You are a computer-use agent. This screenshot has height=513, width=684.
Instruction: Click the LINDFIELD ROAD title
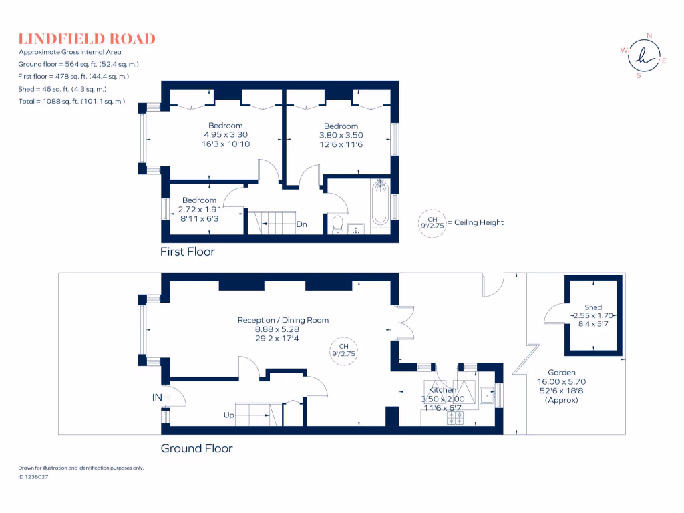tap(87, 39)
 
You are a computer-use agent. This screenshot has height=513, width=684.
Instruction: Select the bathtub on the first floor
tap(380, 202)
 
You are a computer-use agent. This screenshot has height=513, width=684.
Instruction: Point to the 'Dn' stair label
tap(301, 224)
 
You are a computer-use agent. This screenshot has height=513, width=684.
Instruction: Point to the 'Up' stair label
tap(228, 415)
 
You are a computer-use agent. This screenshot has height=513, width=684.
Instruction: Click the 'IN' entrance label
tap(157, 397)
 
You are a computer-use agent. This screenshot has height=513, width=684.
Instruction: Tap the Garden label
tap(561, 373)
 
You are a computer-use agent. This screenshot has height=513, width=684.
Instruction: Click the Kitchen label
tap(442, 389)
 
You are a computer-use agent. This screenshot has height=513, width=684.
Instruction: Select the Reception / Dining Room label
tap(283, 320)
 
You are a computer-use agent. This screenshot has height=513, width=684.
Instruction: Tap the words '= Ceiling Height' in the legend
tap(475, 222)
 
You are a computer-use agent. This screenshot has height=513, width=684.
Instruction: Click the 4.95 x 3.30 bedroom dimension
tap(225, 134)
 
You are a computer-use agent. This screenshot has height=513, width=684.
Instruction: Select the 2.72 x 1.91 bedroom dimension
tap(199, 209)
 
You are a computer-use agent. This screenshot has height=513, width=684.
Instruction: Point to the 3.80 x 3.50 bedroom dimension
tap(341, 135)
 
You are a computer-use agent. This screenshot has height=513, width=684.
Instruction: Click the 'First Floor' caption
tap(187, 252)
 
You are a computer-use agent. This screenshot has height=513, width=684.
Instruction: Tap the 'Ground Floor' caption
tap(196, 448)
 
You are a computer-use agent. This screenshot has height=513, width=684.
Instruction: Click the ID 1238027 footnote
tap(33, 477)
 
